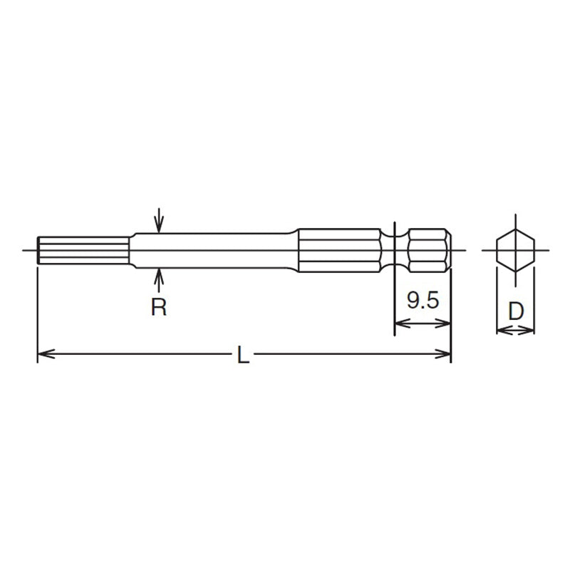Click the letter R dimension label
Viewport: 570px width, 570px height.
[x=160, y=308]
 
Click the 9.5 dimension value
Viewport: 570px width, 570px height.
[x=422, y=300]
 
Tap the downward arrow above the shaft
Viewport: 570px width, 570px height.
[x=160, y=226]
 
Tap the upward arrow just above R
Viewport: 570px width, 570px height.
[x=160, y=276]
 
